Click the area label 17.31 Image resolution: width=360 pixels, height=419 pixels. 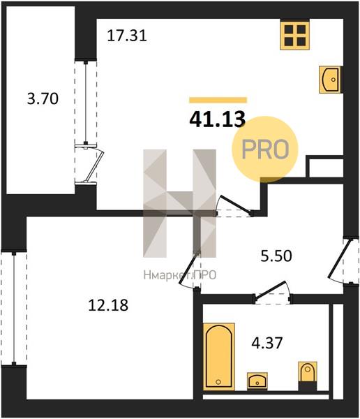pyautogui.click(x=127, y=36)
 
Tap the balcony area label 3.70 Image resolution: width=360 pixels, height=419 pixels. pyautogui.click(x=43, y=98)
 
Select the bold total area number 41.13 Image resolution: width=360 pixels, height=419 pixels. pyautogui.click(x=218, y=119)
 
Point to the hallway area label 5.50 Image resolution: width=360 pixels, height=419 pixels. pyautogui.click(x=276, y=256)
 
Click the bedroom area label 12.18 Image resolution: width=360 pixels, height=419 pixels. pyautogui.click(x=108, y=305)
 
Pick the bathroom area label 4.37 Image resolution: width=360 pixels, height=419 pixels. pyautogui.click(x=267, y=343)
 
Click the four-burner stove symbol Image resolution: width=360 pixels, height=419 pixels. pyautogui.click(x=295, y=36)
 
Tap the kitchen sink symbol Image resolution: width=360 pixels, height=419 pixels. pyautogui.click(x=330, y=80)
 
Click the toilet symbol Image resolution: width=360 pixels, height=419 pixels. pyautogui.click(x=308, y=376)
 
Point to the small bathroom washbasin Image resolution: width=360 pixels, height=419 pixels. pyautogui.click(x=257, y=381)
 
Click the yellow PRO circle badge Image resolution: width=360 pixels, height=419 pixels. pyautogui.click(x=264, y=149)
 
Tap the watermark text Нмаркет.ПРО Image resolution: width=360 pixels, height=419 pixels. pyautogui.click(x=180, y=275)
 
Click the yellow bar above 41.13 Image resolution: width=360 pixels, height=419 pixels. pyautogui.click(x=218, y=100)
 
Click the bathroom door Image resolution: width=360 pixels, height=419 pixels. pyautogui.click(x=272, y=293)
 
